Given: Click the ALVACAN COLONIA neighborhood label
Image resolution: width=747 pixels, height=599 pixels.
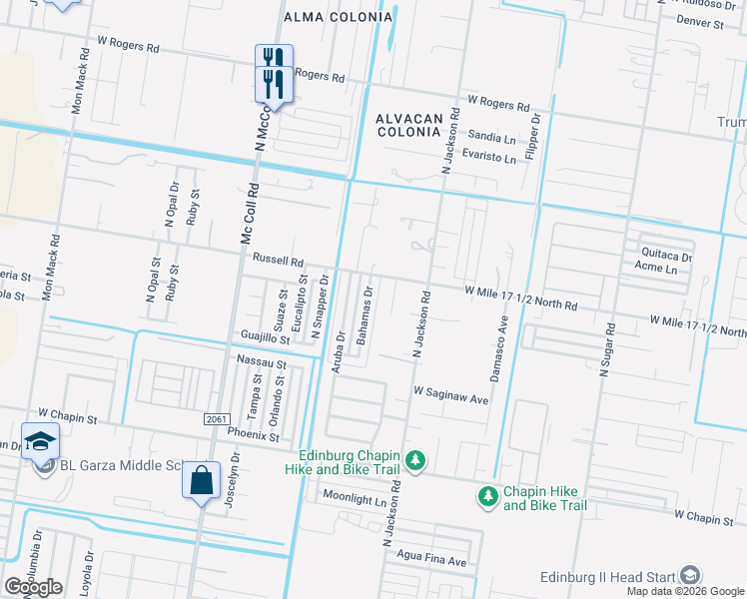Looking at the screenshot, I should [407, 125].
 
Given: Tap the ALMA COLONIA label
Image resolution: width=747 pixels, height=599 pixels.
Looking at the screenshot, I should [338, 17].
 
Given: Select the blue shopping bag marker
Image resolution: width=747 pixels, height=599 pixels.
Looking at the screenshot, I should [201, 481].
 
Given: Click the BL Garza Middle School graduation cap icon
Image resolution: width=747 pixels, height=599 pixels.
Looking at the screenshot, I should [40, 441].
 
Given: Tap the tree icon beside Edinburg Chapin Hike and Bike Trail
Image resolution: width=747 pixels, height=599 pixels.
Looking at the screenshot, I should [417, 460].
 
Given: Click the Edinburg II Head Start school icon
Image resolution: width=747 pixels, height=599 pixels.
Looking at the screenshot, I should [689, 575].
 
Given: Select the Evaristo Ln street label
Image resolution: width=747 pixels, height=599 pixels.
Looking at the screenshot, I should [489, 158].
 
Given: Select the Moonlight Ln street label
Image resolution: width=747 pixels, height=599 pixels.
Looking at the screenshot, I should [353, 496].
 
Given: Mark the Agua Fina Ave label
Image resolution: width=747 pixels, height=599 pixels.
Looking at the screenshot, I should [432, 561].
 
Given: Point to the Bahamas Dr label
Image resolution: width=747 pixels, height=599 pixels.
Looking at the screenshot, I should [367, 316].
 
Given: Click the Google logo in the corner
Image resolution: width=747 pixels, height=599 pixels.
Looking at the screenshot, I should [33, 587].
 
